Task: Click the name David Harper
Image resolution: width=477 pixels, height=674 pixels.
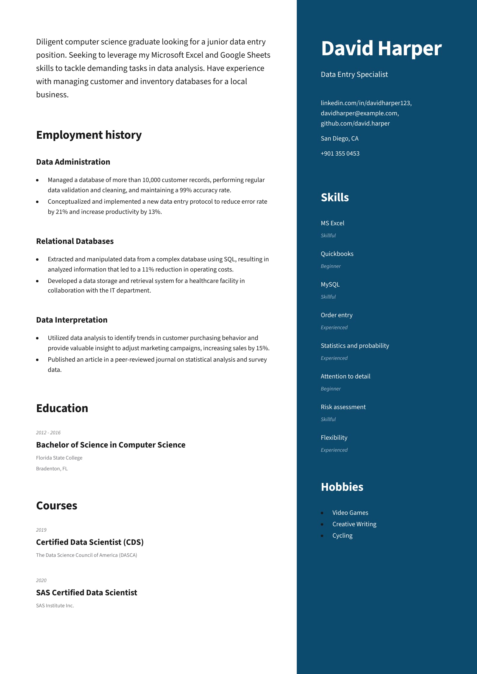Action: point(381,48)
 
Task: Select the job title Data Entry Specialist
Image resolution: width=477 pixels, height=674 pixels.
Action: point(354,74)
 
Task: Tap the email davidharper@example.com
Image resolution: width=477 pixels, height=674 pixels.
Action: point(359,113)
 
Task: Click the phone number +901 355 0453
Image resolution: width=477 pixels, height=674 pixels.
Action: point(340,153)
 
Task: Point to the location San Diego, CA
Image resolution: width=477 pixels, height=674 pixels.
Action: point(339,138)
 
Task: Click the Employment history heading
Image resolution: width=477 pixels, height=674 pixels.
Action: point(89,135)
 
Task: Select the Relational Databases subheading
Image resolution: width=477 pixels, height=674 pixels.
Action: point(75,241)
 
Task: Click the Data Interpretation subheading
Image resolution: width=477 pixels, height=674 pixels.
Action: point(71,320)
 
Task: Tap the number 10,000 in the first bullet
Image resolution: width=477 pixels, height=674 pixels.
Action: point(151,180)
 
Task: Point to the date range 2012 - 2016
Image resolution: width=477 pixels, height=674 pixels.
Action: point(48,433)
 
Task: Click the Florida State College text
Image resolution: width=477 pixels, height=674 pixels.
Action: point(59,458)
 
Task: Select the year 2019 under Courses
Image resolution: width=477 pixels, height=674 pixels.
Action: point(41,530)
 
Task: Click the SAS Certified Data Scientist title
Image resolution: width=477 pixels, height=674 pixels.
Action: point(87,593)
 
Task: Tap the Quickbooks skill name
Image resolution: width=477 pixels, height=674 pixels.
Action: point(337,254)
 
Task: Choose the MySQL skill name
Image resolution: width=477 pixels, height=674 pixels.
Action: point(330,284)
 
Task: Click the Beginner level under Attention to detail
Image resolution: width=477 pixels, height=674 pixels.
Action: point(330,389)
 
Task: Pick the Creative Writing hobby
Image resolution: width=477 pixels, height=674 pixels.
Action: point(354,524)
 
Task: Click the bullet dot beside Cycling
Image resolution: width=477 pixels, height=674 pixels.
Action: point(322,536)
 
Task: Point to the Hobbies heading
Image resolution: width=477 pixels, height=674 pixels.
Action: point(342,487)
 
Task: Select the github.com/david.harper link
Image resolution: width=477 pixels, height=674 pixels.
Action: point(355,123)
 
